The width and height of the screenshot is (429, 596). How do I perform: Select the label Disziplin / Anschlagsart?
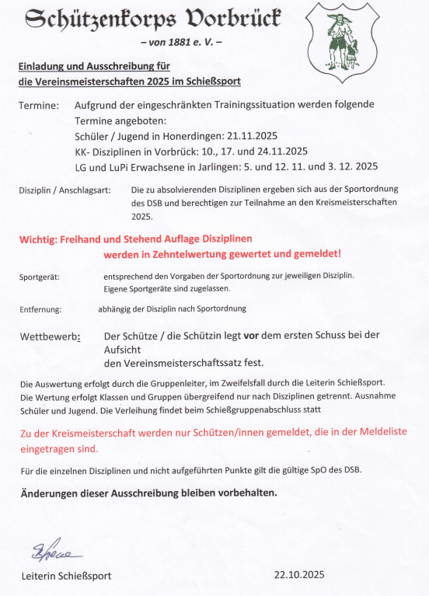point(65,190)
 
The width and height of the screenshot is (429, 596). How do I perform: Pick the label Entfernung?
point(40,309)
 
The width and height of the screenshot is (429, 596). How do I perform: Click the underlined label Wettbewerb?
point(48,336)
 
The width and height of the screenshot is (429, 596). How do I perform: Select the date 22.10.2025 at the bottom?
point(298,575)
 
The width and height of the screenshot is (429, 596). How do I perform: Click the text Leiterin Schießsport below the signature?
point(66,576)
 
